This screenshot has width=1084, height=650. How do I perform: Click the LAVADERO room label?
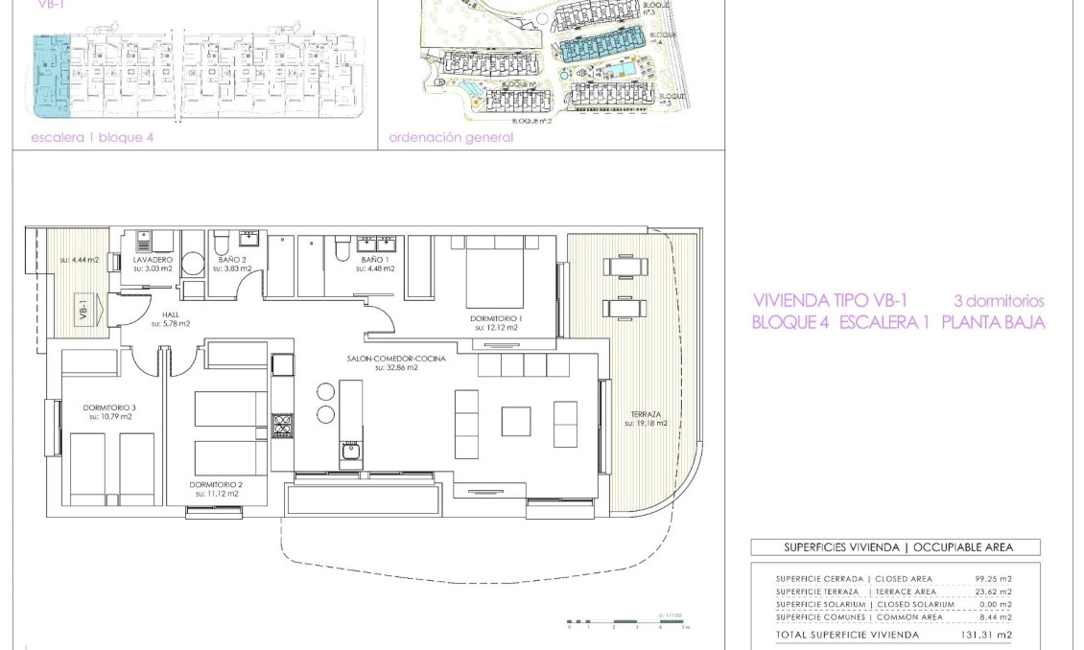click(x=153, y=260)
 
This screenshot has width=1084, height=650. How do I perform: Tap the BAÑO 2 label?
click(x=231, y=260)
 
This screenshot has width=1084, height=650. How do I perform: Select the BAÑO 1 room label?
click(x=375, y=260)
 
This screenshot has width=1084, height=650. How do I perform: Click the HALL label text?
click(x=170, y=314)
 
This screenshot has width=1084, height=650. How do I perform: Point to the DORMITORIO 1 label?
click(x=496, y=318)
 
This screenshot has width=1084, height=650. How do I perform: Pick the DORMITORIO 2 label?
click(x=216, y=485)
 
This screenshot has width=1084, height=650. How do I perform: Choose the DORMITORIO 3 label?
click(x=110, y=407)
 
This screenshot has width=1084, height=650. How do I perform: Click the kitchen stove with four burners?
click(x=282, y=425)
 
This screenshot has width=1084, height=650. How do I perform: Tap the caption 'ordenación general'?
click(x=451, y=137)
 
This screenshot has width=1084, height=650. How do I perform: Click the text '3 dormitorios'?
click(x=998, y=301)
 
